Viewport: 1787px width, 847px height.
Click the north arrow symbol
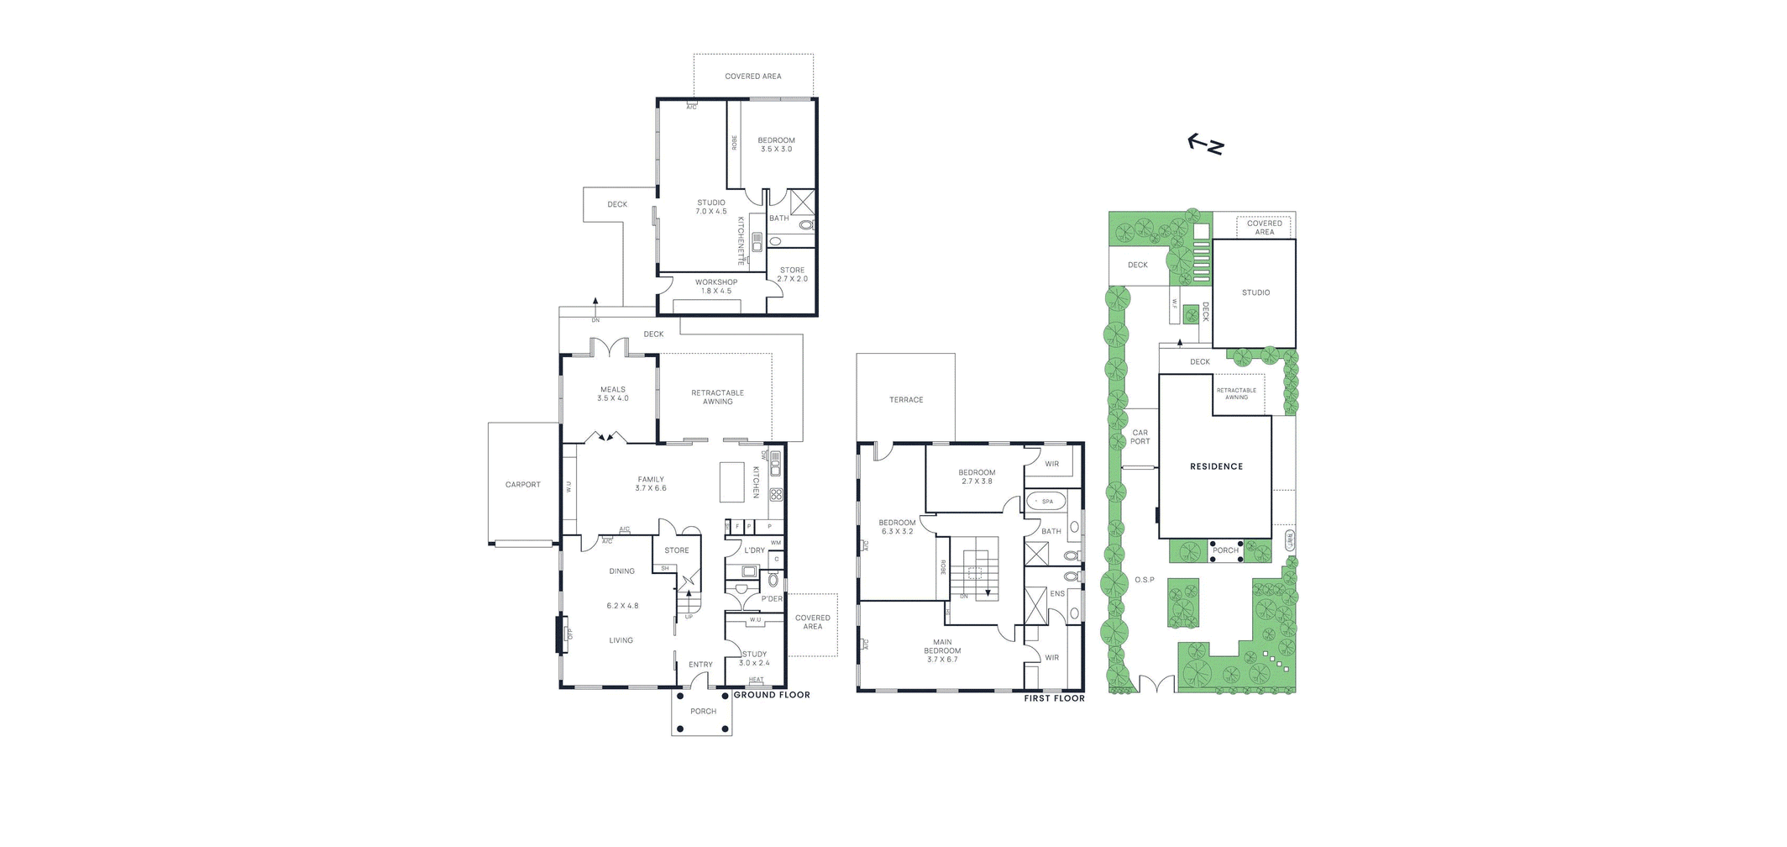(x=1206, y=145)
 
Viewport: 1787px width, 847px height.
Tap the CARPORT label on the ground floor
(x=522, y=485)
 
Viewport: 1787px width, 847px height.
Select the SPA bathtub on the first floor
(x=1046, y=502)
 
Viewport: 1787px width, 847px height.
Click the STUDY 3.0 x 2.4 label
(x=754, y=658)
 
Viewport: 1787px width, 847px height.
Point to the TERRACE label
(x=906, y=400)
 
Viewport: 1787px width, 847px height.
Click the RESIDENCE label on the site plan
(x=1216, y=466)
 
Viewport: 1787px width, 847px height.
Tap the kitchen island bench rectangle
(x=732, y=481)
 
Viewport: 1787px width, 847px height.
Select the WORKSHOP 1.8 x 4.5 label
(x=716, y=287)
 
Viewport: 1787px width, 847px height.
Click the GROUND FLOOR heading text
(x=772, y=695)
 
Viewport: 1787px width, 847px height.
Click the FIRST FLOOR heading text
(x=1054, y=698)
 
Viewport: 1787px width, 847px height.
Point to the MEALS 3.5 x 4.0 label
(x=613, y=393)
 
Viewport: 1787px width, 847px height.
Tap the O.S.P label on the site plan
(x=1144, y=580)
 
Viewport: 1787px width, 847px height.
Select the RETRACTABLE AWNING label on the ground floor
(x=717, y=397)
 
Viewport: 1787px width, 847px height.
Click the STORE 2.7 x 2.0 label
(x=792, y=275)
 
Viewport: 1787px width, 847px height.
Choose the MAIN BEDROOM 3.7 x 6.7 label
(x=942, y=650)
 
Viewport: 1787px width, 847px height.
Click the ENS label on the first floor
(x=1057, y=593)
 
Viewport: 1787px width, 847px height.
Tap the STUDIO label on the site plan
(x=1255, y=292)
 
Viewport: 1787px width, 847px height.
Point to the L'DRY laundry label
(x=754, y=550)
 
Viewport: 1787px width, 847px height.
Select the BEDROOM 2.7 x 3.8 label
(x=977, y=476)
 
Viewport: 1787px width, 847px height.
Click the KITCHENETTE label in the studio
(x=741, y=240)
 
